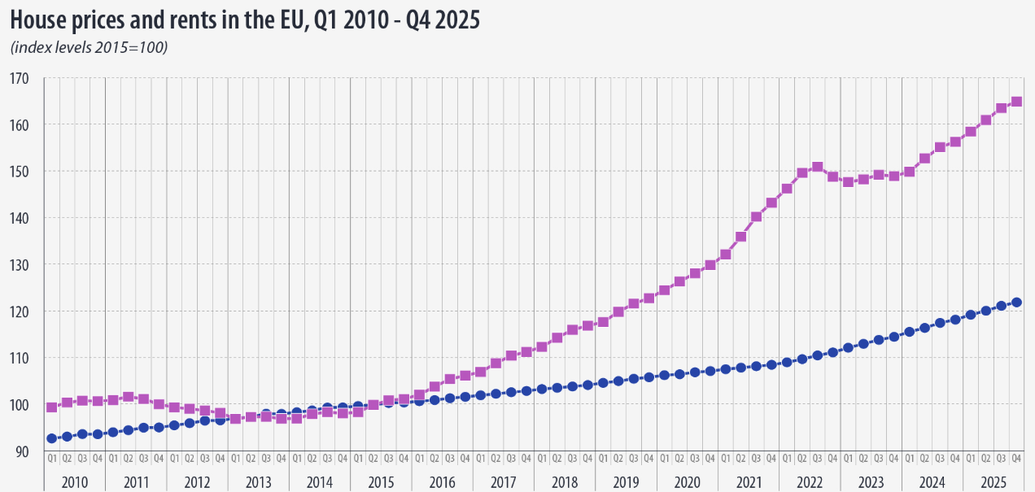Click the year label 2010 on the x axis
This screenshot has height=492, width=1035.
coord(75,481)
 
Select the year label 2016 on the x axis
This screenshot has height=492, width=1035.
coord(442,481)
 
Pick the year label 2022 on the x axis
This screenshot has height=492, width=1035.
coord(809,481)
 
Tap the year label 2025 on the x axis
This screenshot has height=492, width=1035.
coord(993,481)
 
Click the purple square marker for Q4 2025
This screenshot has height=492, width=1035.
coord(1016,102)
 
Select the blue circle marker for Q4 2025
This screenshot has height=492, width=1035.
coord(1016,303)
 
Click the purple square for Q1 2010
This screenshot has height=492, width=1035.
coord(52,407)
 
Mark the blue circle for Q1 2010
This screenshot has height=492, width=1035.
coord(52,438)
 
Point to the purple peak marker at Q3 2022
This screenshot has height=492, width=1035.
coord(818,168)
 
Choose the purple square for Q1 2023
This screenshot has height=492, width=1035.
coord(848,182)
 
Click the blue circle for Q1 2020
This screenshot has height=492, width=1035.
coord(664,375)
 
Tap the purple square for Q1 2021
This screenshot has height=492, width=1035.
coord(725,255)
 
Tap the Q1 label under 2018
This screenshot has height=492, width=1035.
coord(542,459)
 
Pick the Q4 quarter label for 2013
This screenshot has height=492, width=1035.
coord(282,459)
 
